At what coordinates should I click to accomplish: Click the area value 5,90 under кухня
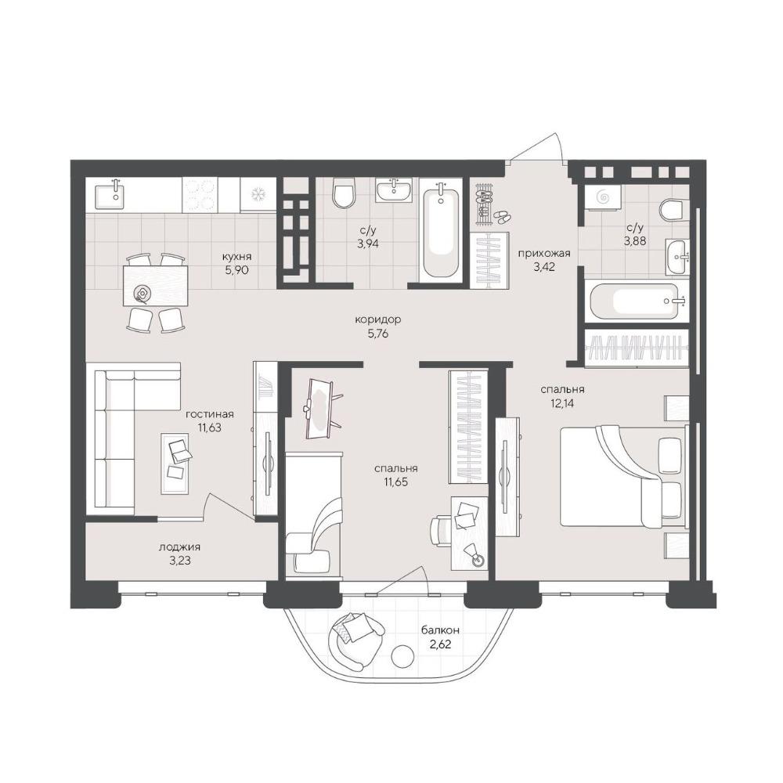coord(236,271)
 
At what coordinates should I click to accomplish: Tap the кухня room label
coord(237,257)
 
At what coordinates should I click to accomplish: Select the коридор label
coord(378,319)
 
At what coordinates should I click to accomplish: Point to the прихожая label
coord(544,253)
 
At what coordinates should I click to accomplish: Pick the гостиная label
coord(210,414)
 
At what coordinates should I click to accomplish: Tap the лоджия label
coord(180,547)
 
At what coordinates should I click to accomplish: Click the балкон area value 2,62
coord(440,644)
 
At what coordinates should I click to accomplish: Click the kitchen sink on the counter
coord(116,194)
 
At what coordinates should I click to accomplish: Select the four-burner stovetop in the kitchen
coord(199,195)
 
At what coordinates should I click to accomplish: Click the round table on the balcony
coord(402,656)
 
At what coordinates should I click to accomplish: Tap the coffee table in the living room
coord(175,463)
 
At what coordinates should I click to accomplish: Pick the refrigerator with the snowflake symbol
coord(258,195)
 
